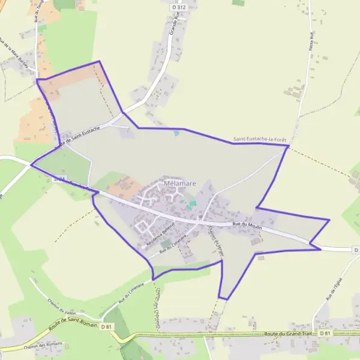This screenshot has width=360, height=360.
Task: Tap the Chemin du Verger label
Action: click(x=212, y=239)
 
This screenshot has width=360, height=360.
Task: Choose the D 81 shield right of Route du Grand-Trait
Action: click(x=325, y=332)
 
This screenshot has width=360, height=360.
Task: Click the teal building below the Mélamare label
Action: click(x=191, y=205)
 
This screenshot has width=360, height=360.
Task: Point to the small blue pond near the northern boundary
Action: click(x=176, y=133)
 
